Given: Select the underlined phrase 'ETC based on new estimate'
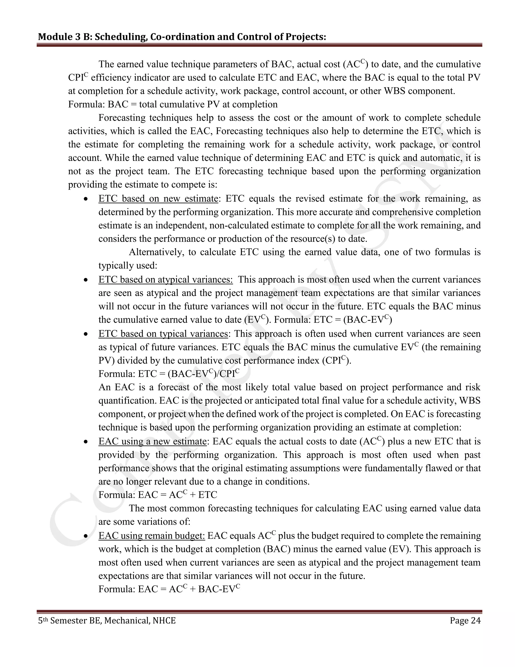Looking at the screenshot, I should (158, 199).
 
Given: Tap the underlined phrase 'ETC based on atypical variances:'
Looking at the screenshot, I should (165, 279).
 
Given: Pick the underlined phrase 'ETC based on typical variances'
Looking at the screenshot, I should (163, 333).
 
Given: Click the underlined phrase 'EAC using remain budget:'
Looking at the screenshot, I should (151, 536).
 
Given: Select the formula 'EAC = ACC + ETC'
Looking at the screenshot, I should (178, 495).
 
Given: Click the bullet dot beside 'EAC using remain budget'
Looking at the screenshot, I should (86, 536).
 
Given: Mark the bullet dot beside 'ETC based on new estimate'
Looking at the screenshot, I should (86, 199).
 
